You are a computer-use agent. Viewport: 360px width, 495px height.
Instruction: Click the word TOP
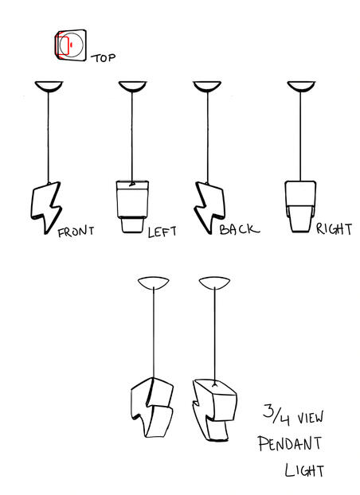tap(104, 58)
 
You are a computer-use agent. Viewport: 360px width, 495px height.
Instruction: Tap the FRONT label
tap(76, 232)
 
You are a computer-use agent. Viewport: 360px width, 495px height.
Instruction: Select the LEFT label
tap(162, 232)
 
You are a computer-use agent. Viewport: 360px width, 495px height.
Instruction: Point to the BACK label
tap(239, 229)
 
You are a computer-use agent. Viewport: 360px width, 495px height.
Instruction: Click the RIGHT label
tap(334, 229)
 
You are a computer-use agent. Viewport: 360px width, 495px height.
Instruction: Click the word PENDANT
tap(290, 443)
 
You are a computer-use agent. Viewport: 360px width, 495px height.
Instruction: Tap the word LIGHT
tap(304, 470)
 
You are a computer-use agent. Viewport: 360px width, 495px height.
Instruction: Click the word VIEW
tap(311, 418)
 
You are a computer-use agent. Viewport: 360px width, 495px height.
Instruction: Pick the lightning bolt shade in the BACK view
tap(209, 207)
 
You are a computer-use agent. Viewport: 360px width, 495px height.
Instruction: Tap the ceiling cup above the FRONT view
tap(49, 86)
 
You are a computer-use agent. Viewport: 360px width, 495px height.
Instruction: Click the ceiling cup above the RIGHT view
tap(301, 86)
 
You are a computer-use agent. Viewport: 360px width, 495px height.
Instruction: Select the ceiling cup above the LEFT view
tap(132, 86)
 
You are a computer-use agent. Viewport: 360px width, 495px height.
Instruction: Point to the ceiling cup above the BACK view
tap(207, 86)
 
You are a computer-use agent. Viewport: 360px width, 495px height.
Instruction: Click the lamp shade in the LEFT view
tap(132, 206)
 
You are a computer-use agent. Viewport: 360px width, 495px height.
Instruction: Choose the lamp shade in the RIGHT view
tap(300, 206)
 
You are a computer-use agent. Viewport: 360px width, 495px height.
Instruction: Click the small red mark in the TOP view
tap(71, 45)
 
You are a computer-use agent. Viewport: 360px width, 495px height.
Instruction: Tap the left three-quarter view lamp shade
tap(152, 407)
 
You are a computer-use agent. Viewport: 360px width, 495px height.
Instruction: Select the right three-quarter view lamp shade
tap(215, 409)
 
